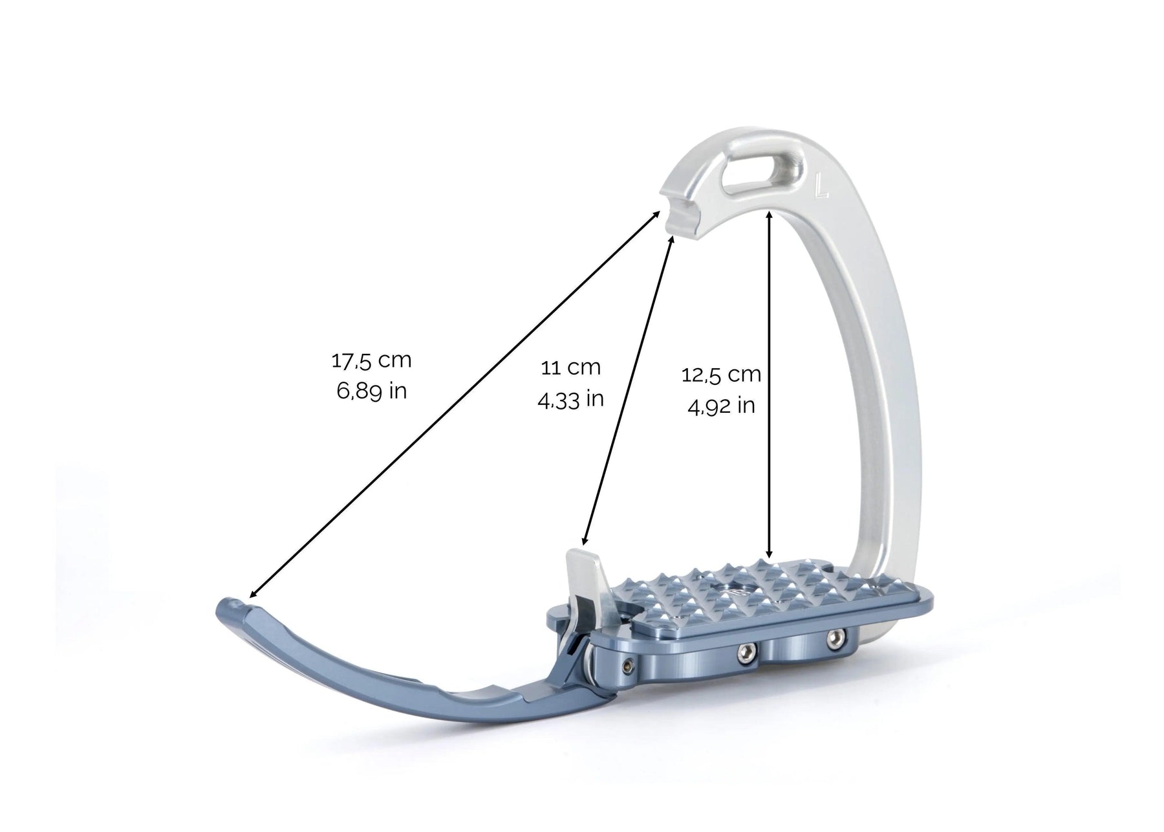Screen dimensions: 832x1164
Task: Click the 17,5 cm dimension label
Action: [371, 360]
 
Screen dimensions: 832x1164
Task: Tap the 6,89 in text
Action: [371, 391]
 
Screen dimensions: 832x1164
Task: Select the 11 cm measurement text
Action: [570, 367]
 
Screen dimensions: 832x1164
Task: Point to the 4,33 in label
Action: [570, 399]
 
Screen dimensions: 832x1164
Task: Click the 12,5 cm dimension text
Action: [721, 375]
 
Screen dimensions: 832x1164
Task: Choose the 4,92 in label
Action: [721, 406]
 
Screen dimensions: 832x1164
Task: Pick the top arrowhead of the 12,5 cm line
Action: [769, 213]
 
